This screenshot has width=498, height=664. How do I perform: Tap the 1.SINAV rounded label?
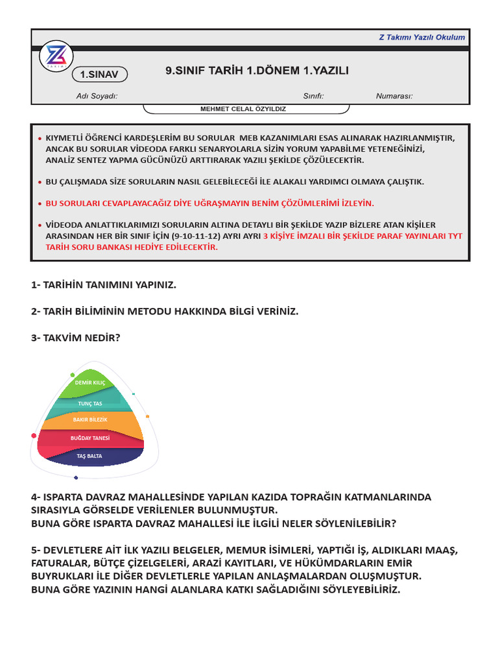tap(99, 75)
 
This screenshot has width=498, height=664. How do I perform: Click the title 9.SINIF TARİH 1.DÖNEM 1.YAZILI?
tap(257, 71)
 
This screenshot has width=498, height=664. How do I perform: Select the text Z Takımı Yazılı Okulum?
tap(421, 37)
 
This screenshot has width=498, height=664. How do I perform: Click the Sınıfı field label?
tap(313, 96)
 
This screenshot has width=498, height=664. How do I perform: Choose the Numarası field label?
tap(394, 96)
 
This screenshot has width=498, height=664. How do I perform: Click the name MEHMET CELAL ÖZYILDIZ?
tap(243, 109)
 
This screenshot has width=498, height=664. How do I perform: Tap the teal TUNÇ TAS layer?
tap(90, 403)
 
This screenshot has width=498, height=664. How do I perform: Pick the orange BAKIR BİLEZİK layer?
tap(90, 420)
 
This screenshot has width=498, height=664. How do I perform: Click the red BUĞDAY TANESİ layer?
tap(90, 438)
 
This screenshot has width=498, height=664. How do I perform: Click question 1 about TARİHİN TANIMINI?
tap(104, 285)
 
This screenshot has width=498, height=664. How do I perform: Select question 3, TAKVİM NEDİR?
tap(76, 337)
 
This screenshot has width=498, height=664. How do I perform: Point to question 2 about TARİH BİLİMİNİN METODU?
tap(165, 311)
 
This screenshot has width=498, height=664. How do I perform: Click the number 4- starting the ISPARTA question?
tap(36, 497)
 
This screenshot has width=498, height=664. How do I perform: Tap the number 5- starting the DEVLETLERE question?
tap(36, 550)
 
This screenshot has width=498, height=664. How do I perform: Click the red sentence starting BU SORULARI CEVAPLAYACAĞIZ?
tap(209, 203)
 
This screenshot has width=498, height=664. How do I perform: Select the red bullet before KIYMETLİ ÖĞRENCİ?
tap(40, 139)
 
